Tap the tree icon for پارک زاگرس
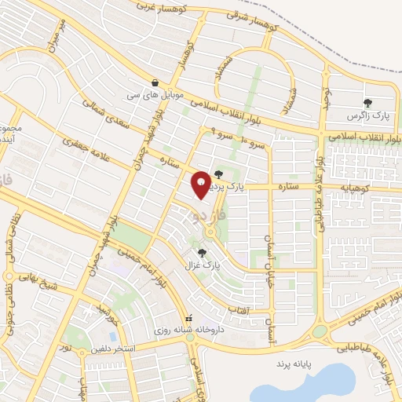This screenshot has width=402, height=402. pos(367,102)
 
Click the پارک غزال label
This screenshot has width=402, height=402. pos(203,265)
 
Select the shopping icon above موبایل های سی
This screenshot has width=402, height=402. pos(155,82)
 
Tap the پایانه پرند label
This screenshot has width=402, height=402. pos(293,365)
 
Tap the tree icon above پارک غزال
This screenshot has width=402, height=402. pos(203,252)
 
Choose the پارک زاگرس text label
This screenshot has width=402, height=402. pos(367,116)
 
